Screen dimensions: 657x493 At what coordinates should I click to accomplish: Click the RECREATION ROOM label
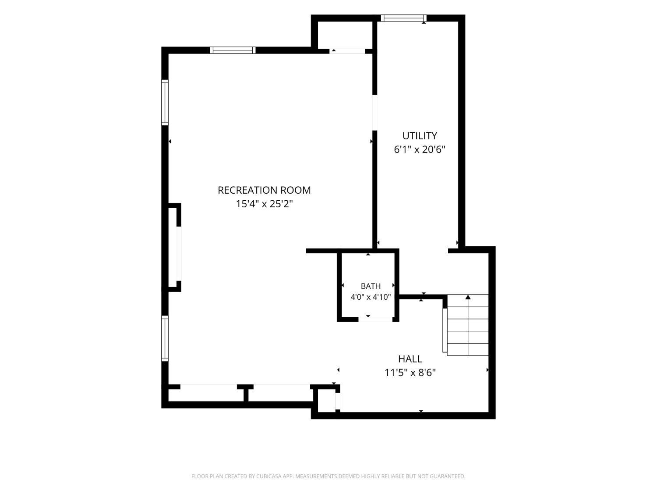point(264,190)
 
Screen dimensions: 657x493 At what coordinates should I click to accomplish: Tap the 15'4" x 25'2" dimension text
point(264,204)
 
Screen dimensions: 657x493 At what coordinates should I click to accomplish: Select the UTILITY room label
point(419,136)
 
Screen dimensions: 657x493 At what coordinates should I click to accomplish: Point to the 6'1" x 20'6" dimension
point(419,149)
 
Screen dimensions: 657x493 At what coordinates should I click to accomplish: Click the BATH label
point(371,286)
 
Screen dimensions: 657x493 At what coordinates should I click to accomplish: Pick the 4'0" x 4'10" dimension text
point(371,297)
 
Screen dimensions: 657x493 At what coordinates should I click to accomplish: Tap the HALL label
point(410,359)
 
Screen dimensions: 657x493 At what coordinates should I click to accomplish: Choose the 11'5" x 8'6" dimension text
point(410,372)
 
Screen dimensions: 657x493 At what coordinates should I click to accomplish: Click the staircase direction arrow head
point(468,297)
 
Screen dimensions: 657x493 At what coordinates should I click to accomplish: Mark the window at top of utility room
point(404,18)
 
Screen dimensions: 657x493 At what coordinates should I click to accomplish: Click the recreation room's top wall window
point(233,50)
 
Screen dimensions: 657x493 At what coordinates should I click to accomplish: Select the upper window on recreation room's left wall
point(165,103)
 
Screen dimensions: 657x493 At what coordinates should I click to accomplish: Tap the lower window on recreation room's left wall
point(165,338)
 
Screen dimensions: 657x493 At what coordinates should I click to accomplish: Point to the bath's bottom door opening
point(375,319)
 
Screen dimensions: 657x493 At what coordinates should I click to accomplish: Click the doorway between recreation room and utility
point(374,113)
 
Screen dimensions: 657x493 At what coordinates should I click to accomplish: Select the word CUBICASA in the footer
point(269,476)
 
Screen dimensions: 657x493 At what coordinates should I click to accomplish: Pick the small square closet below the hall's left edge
point(326,401)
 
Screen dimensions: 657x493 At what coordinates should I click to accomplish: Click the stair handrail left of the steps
point(445,330)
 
